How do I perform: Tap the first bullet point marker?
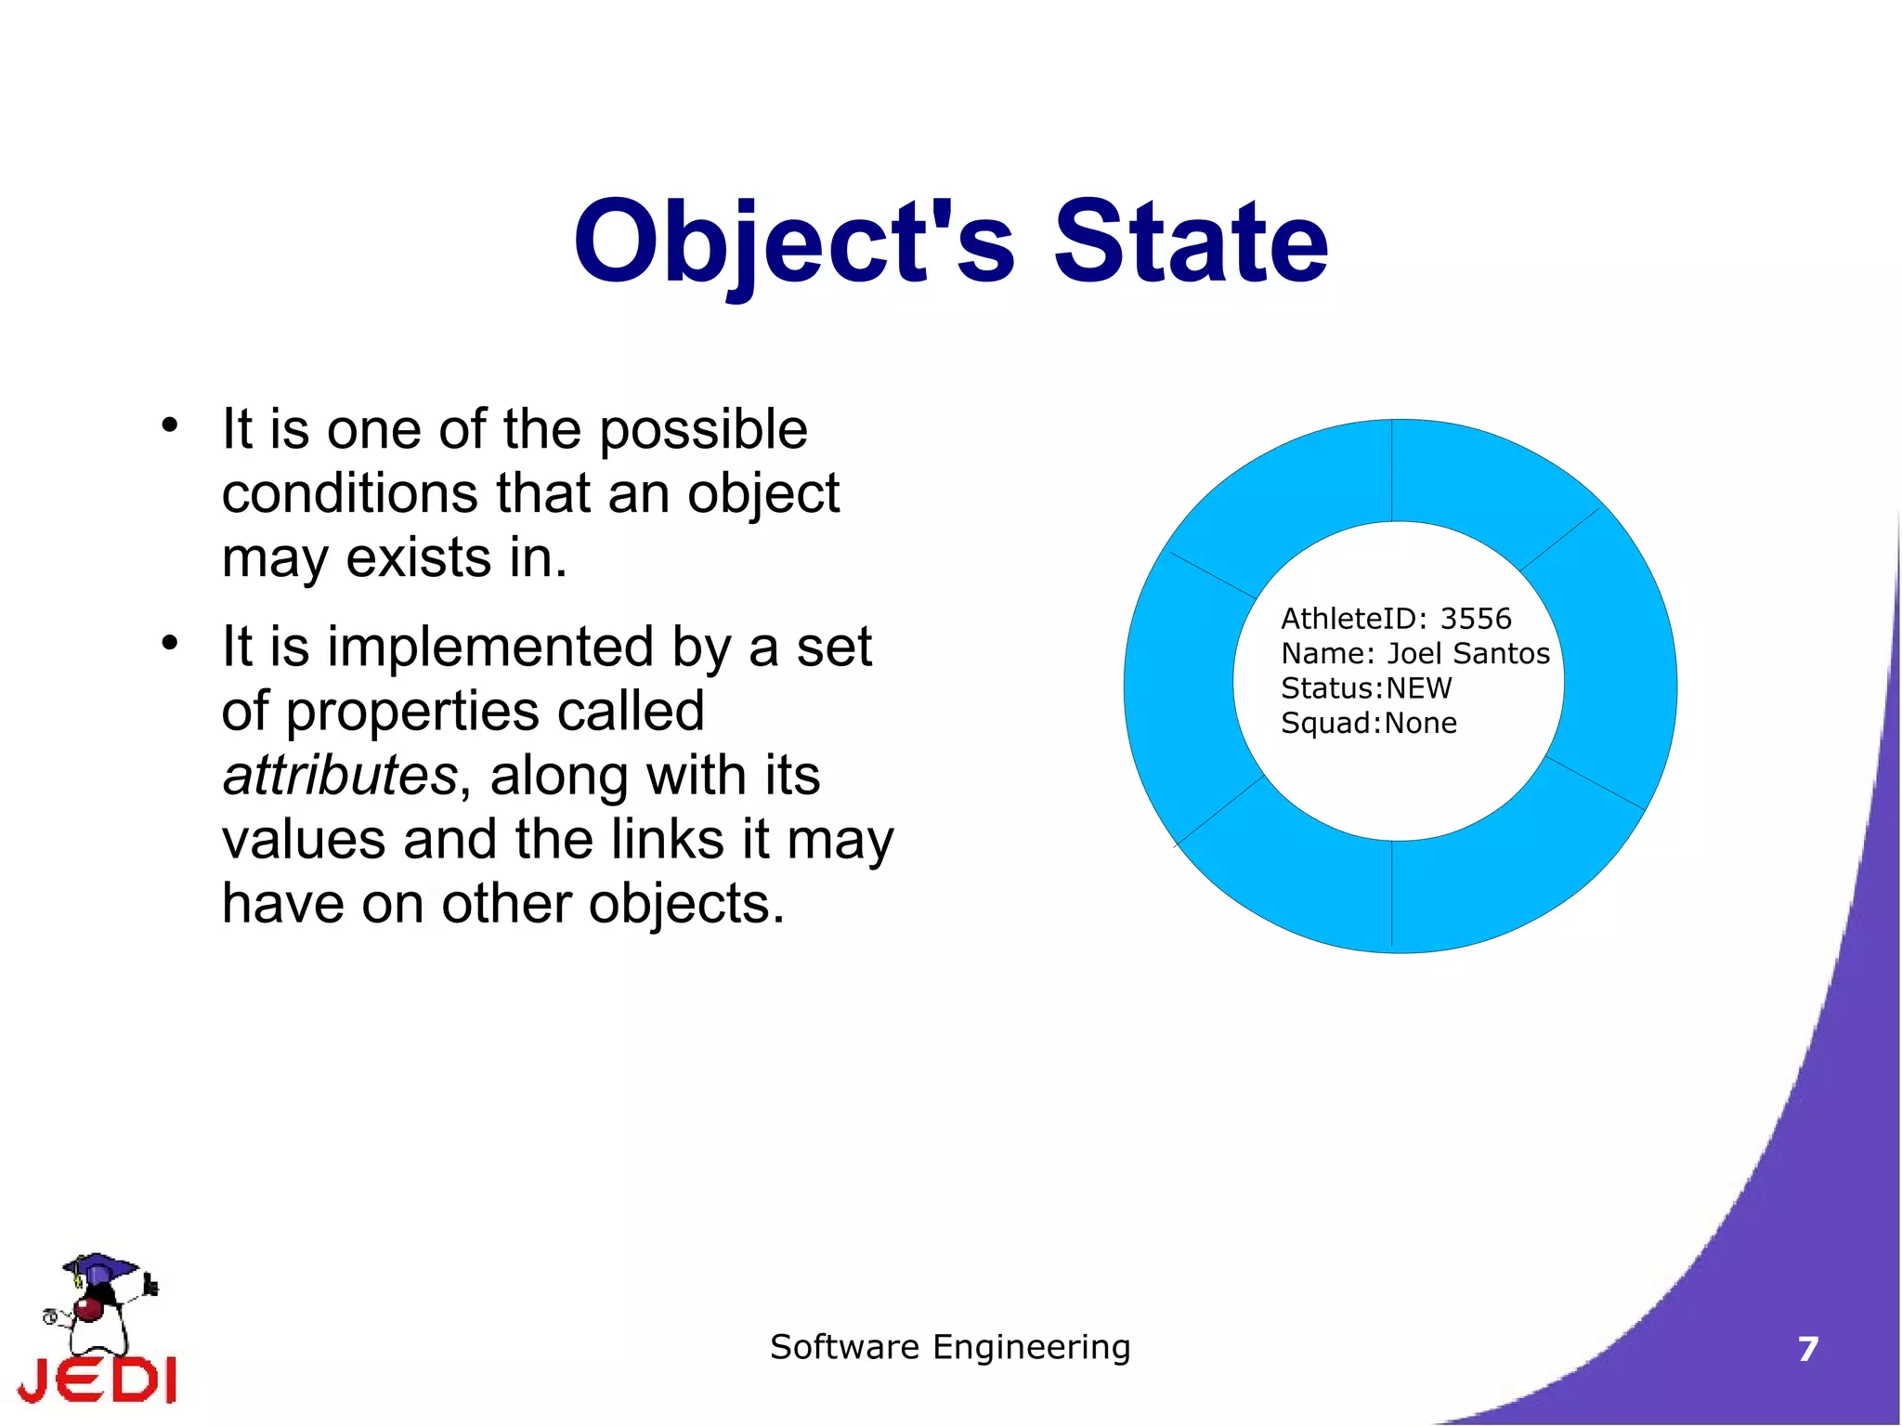pos(168,425)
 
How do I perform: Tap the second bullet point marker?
pos(168,643)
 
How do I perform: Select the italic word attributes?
pos(339,775)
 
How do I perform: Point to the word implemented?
pos(490,647)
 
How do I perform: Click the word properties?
pos(411,712)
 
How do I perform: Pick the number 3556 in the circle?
pos(1475,619)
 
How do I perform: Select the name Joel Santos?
pos(1467,654)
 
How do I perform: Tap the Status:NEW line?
pos(1365,688)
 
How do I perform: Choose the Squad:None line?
pos(1368,723)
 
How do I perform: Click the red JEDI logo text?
pos(98,1380)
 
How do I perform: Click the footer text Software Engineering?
pos(950,1347)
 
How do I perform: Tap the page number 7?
pos(1807,1349)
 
